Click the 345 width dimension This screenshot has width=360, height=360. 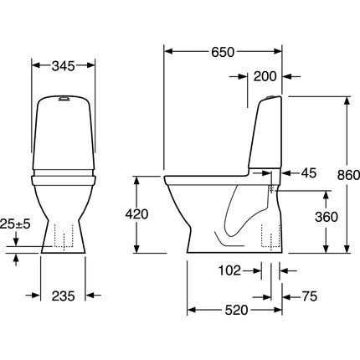pyautogui.click(x=64, y=66)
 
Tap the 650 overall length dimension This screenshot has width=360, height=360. pyautogui.click(x=223, y=52)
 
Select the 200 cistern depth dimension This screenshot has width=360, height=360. pyautogui.click(x=265, y=76)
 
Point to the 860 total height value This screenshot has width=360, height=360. pyautogui.click(x=348, y=175)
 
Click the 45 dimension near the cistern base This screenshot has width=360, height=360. pyautogui.click(x=309, y=173)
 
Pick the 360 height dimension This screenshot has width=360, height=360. pyautogui.click(x=327, y=217)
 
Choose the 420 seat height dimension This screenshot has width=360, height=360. pyautogui.click(x=136, y=214)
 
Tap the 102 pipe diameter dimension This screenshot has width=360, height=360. pyautogui.click(x=229, y=270)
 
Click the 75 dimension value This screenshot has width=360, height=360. pyautogui.click(x=310, y=296)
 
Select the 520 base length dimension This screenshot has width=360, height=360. pyautogui.click(x=236, y=310)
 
